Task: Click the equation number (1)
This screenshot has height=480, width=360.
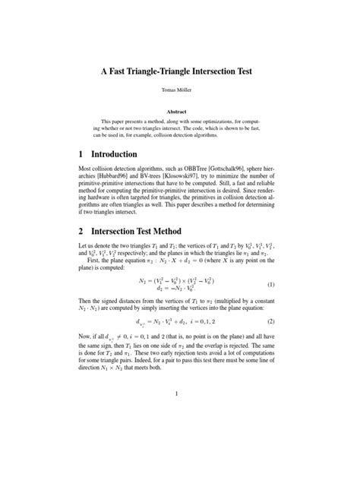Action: coord(270,285)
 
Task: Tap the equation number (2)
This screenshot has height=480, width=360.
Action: coord(270,322)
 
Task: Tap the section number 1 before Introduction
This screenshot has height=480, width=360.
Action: coord(83,154)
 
